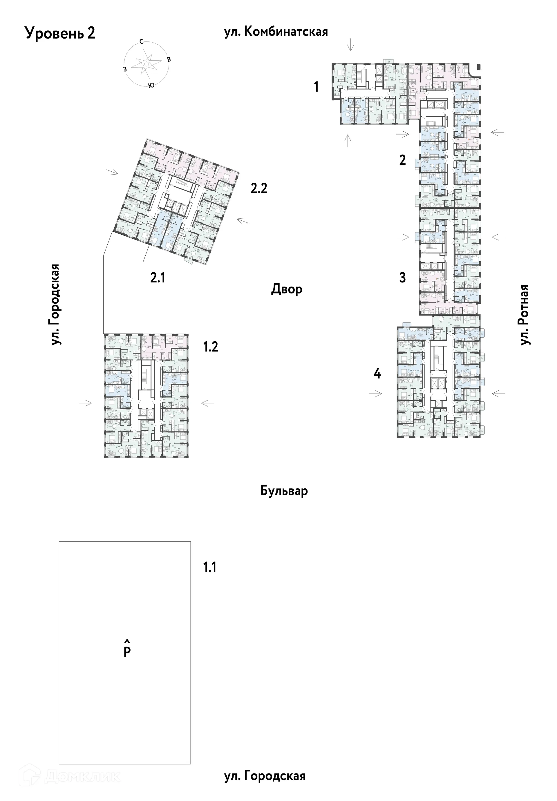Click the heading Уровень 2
pos(60,34)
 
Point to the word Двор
pos(287,289)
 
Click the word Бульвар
pos(284,491)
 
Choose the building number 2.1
pos(158,278)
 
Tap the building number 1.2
pos(211,347)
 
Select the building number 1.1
pos(210,567)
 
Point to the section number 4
pos(377,374)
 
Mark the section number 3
pos(402,278)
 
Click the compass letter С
pos(141,41)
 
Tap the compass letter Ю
pos(151,86)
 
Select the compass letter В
pos(169,59)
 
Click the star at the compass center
pos(147,64)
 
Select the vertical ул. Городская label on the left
pos(55,305)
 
